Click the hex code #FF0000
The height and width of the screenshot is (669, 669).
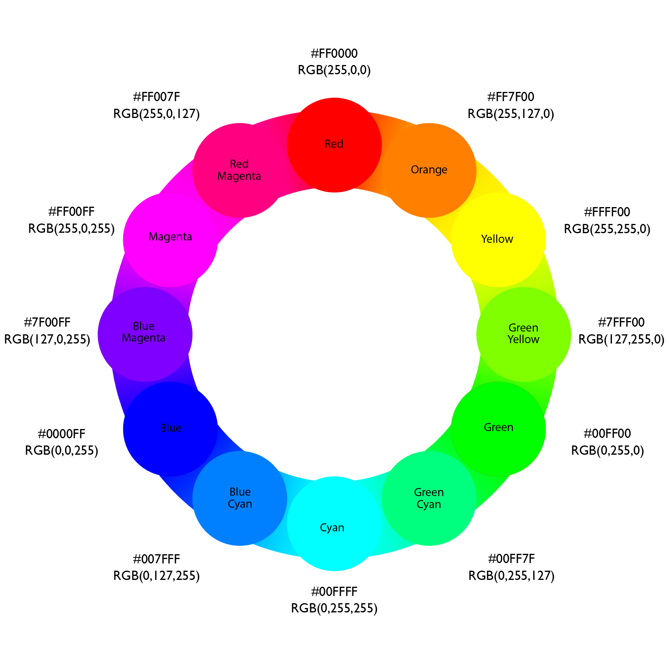(x=334, y=53)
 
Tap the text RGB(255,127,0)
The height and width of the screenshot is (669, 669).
(x=510, y=114)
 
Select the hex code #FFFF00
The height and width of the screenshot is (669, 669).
(x=607, y=212)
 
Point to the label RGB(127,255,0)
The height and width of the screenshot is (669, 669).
(x=621, y=340)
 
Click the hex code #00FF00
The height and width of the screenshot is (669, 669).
(x=607, y=434)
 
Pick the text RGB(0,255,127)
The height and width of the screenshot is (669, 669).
(x=511, y=576)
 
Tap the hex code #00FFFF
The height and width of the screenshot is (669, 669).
(x=334, y=592)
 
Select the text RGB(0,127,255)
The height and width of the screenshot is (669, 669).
(x=157, y=576)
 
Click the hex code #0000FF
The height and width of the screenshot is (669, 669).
(x=61, y=434)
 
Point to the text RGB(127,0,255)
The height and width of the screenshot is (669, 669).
(x=47, y=340)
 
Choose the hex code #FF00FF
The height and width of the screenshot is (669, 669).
(x=71, y=212)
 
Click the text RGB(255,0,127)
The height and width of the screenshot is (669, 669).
(x=157, y=114)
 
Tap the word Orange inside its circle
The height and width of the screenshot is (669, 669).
(x=429, y=170)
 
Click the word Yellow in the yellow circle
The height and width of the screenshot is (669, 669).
(x=497, y=239)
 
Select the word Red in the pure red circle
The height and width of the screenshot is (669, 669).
(x=334, y=144)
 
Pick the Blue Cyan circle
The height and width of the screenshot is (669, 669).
(x=240, y=498)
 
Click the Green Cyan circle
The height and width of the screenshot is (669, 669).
(x=429, y=498)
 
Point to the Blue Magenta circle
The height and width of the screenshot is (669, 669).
(x=145, y=334)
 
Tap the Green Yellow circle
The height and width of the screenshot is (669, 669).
(x=523, y=334)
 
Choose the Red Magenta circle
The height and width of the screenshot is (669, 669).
(x=240, y=170)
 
